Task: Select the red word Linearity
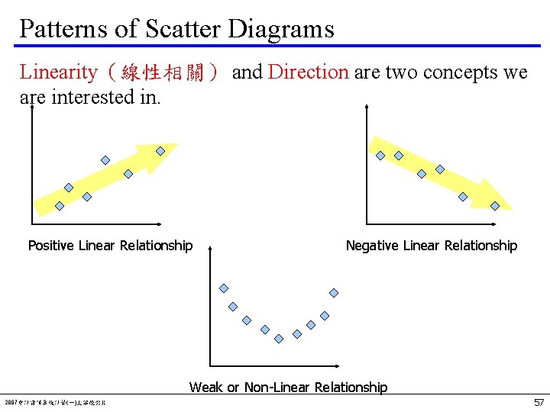(70, 72)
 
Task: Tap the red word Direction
(309, 72)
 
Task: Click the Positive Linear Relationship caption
(110, 246)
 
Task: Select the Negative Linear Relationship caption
(431, 246)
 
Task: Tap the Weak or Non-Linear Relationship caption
(288, 388)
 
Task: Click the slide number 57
(539, 402)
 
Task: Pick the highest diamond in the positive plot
(160, 151)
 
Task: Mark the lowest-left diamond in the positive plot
(60, 204)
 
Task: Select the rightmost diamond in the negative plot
(495, 205)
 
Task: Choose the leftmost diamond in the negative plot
(380, 156)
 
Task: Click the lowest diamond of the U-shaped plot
(279, 338)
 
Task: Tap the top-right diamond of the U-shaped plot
(334, 292)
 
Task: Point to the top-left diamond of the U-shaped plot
(224, 288)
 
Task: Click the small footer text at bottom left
(55, 402)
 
